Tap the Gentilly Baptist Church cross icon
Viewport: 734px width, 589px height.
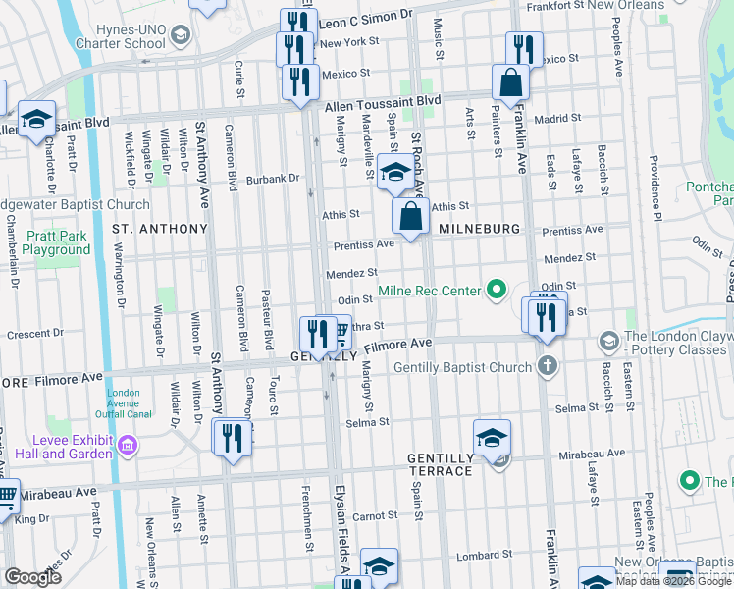coord(548,368)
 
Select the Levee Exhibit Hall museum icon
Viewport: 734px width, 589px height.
coord(127,447)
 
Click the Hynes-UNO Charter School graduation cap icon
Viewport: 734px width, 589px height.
coord(180,37)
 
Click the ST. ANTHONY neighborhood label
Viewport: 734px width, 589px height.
coord(160,229)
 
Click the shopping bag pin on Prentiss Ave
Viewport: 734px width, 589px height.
coord(410,216)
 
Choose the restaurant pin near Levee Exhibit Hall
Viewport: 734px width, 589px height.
coord(232,437)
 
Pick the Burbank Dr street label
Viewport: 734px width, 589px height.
coord(272,179)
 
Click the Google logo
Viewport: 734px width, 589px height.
coord(32,577)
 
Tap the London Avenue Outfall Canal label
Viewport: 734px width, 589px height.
coord(124,406)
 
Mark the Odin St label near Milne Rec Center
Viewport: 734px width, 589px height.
coord(353,300)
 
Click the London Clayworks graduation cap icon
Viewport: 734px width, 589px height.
coord(608,342)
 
